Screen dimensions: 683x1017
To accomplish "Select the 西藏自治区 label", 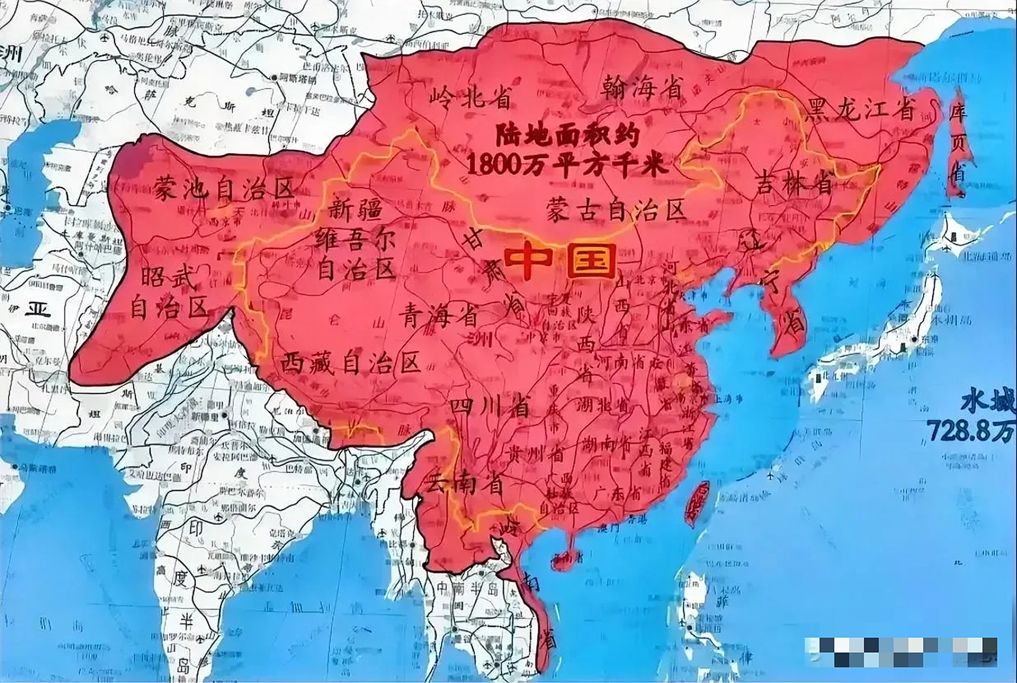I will coord(351,363).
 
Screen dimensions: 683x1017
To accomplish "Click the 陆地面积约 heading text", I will coord(567,137).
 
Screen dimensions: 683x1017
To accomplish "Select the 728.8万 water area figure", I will coord(972,431).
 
